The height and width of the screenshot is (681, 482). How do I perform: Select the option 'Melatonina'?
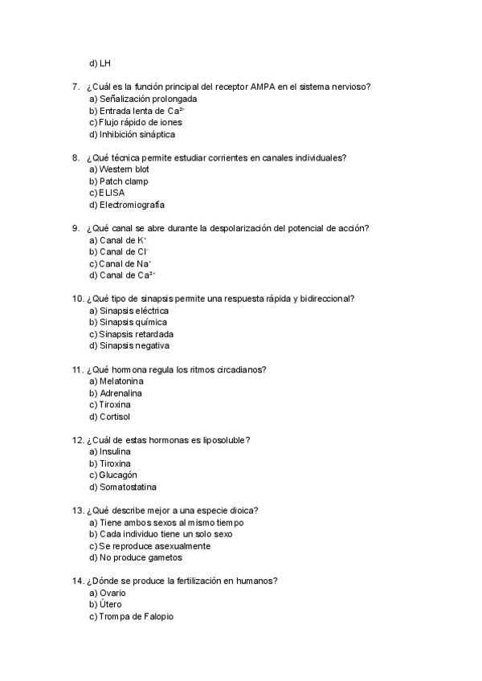[x=123, y=381]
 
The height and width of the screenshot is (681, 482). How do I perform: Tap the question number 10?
[x=78, y=299]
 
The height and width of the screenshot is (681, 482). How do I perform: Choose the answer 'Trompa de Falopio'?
[x=136, y=617]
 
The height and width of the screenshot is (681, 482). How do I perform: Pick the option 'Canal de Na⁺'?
[x=125, y=263]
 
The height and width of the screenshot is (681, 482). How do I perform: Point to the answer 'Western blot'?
[x=124, y=169]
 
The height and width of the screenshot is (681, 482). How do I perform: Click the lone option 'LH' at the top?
[x=105, y=63]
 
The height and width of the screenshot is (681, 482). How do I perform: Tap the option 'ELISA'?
[x=112, y=193]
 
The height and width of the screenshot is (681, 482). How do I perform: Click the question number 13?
[x=78, y=511]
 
